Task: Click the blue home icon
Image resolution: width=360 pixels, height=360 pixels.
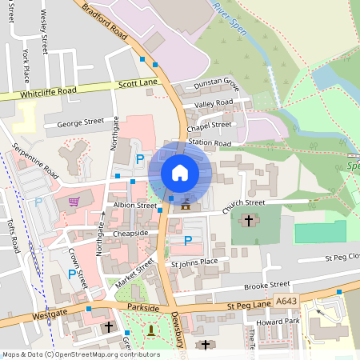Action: pos(180,173)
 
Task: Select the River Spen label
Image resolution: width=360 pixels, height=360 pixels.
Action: pos(229,18)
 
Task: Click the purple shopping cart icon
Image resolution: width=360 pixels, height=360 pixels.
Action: pos(74,201)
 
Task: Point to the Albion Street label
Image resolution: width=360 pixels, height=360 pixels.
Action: pos(135,206)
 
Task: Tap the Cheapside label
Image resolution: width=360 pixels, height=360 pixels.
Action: pos(130,233)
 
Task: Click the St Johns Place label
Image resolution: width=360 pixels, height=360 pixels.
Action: pos(194,262)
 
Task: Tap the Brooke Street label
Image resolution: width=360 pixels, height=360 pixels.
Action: pos(266,284)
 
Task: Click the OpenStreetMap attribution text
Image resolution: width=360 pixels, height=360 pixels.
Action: pos(81,354)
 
